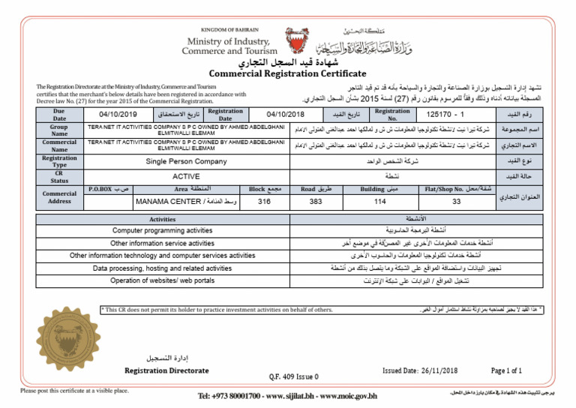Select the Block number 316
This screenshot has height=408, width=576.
(x=264, y=201)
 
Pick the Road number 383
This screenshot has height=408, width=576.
(x=316, y=201)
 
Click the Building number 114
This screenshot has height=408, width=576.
(x=379, y=201)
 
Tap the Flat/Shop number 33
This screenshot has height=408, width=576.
(x=456, y=201)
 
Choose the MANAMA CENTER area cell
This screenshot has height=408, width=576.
(x=186, y=201)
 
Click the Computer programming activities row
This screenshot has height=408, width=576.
(x=163, y=231)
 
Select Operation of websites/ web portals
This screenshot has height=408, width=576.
(x=163, y=280)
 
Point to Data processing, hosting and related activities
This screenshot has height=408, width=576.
(x=163, y=268)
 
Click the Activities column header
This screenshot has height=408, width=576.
(x=163, y=219)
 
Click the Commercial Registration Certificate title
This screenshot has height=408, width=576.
(x=287, y=73)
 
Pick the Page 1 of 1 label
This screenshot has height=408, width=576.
(x=506, y=370)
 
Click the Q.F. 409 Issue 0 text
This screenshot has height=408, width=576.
(x=293, y=376)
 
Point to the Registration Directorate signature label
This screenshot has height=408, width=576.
(x=166, y=370)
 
